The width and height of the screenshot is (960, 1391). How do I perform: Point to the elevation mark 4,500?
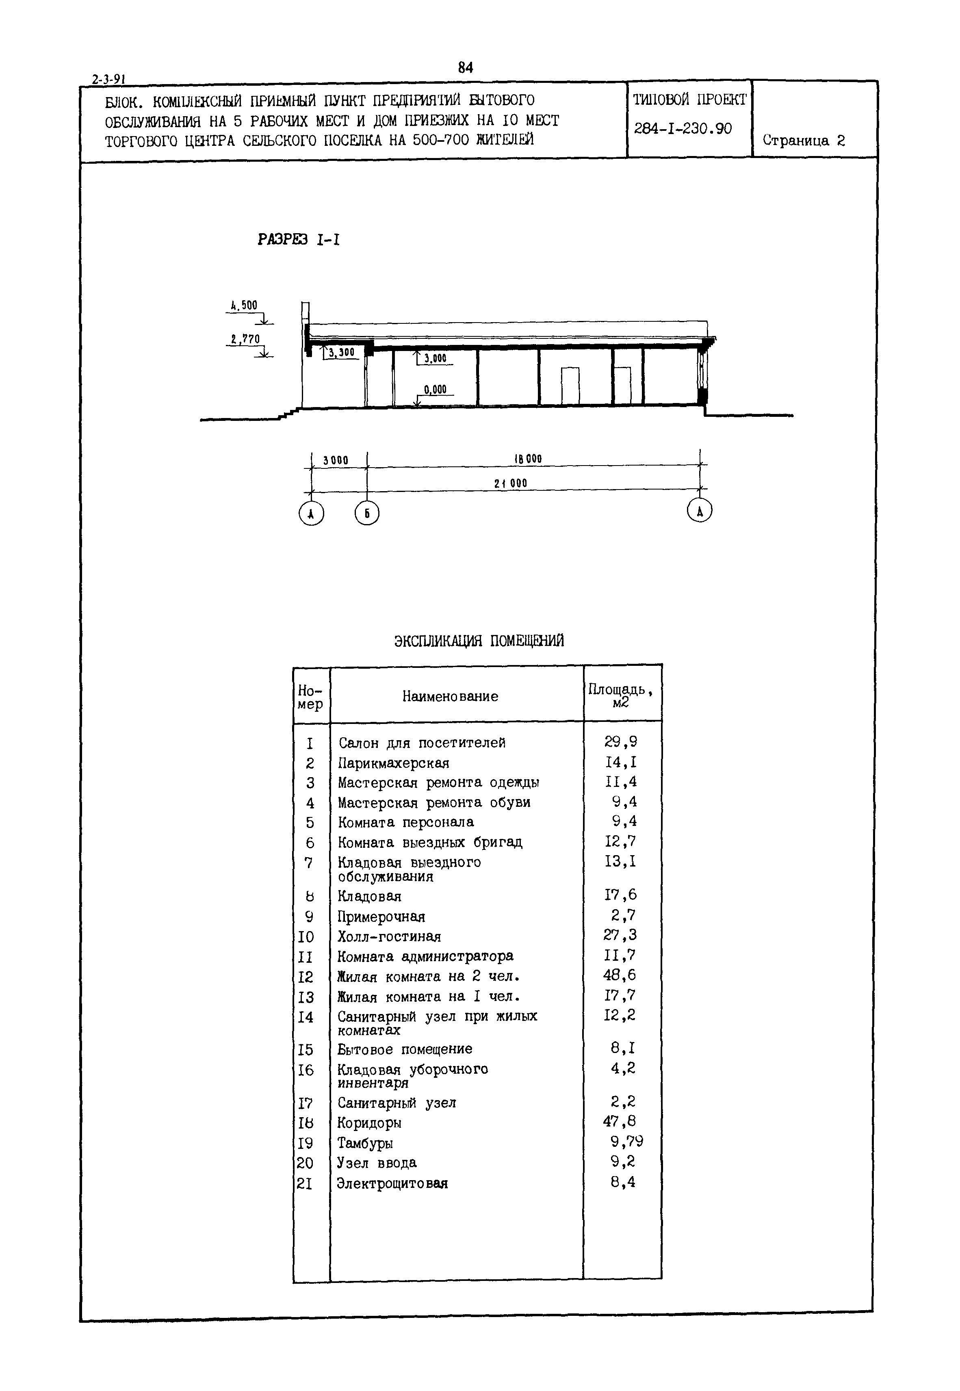pyautogui.click(x=244, y=305)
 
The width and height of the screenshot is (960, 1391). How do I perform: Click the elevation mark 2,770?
pyautogui.click(x=245, y=339)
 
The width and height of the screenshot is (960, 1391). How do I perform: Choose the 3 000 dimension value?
pyautogui.click(x=336, y=461)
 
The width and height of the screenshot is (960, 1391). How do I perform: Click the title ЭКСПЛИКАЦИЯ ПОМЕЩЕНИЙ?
pyautogui.click(x=479, y=641)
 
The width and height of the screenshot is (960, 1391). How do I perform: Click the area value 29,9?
pyautogui.click(x=621, y=742)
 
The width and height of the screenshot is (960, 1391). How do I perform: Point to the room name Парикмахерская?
pyautogui.click(x=393, y=763)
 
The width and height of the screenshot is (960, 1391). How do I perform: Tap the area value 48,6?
pyautogui.click(x=620, y=975)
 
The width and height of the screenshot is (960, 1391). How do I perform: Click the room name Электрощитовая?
pyautogui.click(x=392, y=1183)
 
